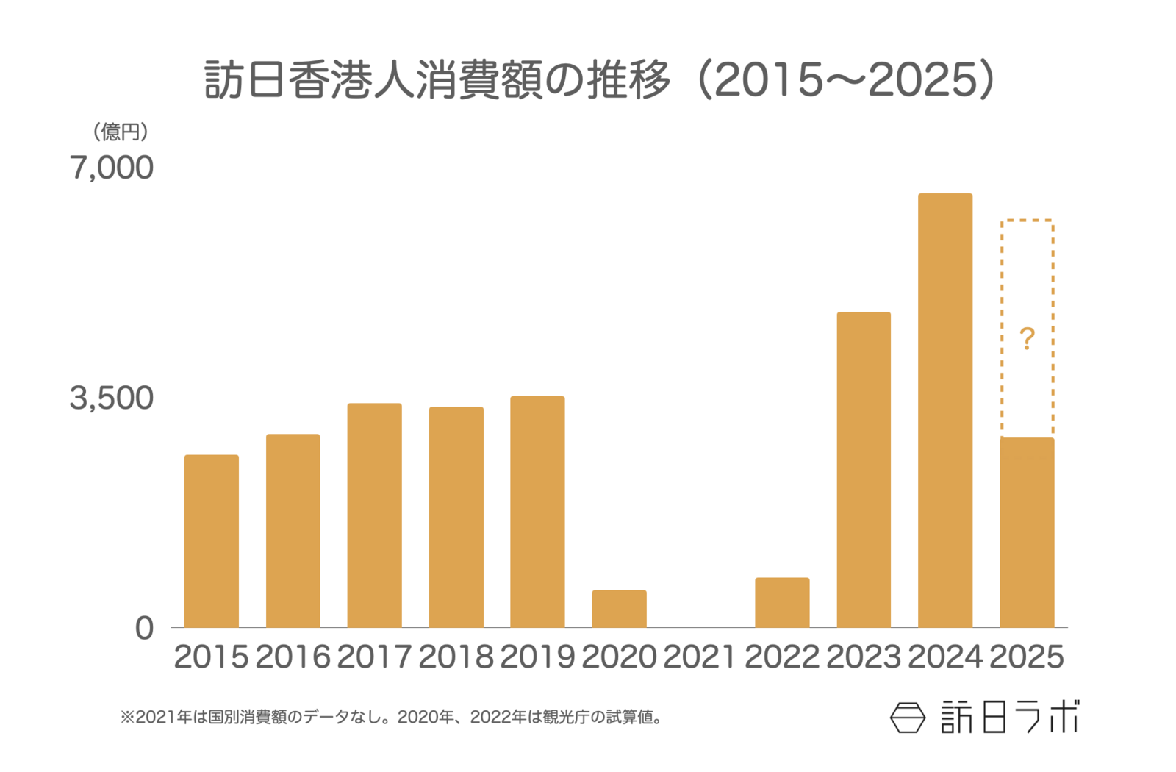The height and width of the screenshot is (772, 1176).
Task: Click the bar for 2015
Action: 212,541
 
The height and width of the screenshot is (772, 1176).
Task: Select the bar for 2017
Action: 375,515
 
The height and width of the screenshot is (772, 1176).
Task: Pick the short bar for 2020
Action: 619,609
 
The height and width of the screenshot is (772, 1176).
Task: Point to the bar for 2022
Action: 782,602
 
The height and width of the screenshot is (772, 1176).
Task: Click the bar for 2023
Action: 864,470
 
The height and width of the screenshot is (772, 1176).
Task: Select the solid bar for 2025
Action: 1027,532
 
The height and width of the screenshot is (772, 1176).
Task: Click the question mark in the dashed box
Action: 1027,339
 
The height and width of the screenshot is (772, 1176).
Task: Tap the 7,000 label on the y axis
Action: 112,168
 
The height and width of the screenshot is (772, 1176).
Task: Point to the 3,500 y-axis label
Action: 112,398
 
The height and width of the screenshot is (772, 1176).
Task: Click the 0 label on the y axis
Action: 144,629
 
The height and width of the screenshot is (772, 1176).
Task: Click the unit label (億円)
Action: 121,132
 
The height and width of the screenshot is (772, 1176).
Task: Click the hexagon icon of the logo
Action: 908,718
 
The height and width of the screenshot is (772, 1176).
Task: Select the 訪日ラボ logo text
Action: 1010,717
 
